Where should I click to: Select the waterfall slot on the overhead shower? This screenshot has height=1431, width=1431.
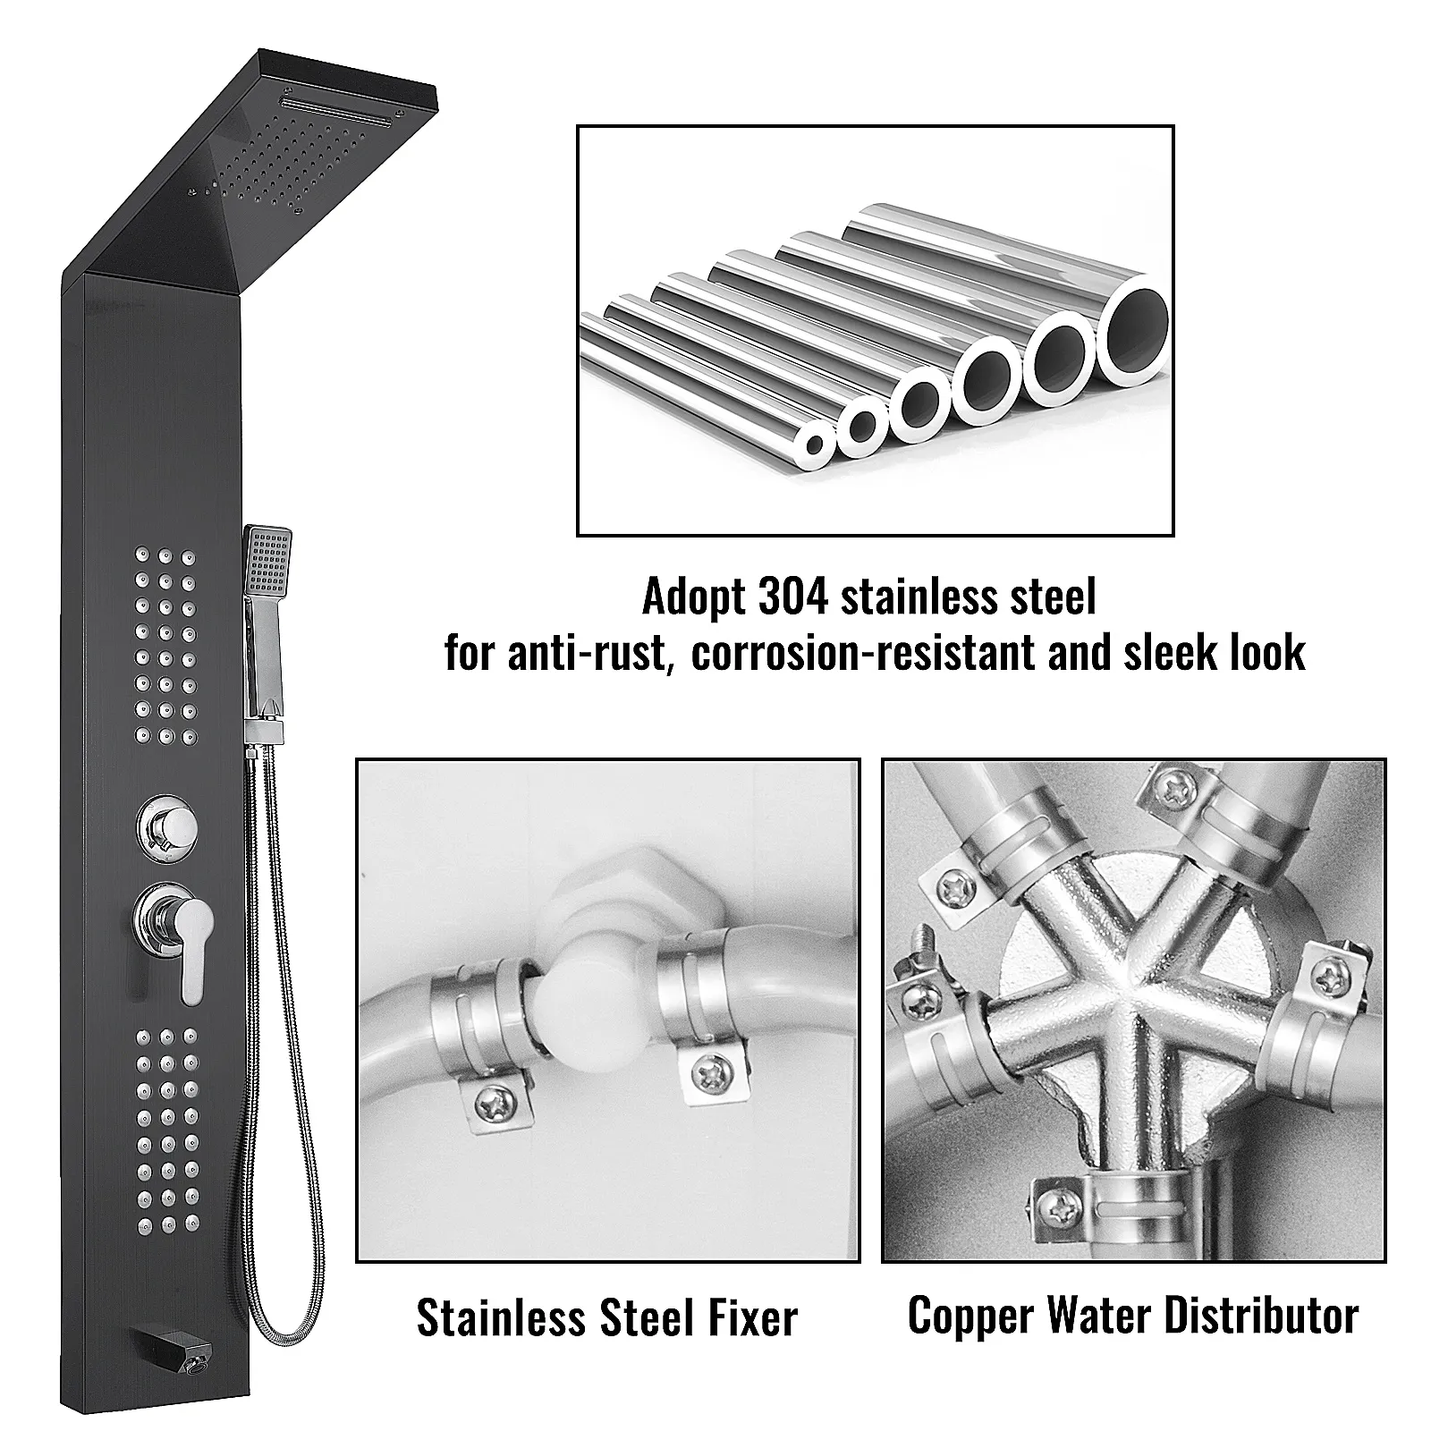[x=340, y=114]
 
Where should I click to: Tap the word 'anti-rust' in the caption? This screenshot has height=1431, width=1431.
[x=587, y=653]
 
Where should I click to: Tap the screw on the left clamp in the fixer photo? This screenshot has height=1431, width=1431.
[x=490, y=1105]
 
